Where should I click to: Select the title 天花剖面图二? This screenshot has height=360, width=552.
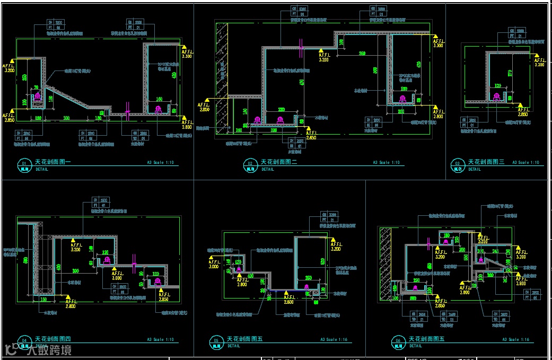point(279,162)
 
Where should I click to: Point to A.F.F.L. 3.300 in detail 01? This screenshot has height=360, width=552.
point(186,53)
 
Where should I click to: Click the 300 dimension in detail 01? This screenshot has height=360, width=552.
point(66,117)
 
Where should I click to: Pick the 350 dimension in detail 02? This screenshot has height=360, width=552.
point(362,54)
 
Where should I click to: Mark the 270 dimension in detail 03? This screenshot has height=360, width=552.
point(510,74)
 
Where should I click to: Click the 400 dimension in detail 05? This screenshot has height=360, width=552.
point(249,276)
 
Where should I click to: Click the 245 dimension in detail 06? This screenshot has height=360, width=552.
point(495,251)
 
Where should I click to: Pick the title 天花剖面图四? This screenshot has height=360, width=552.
point(53,339)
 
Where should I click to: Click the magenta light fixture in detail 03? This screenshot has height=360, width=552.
point(497,96)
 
